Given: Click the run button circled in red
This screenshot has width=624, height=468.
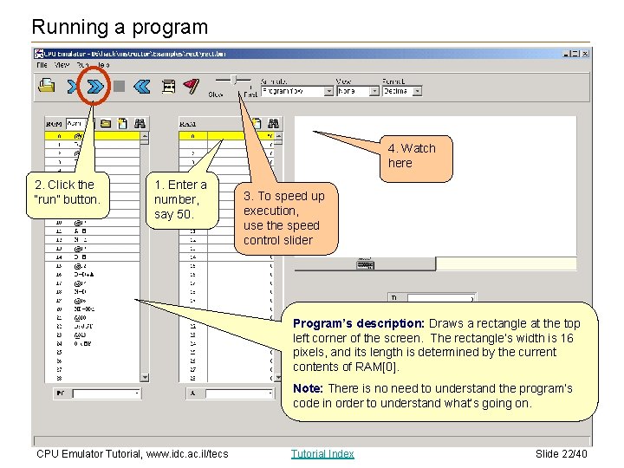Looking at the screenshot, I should click(96, 86).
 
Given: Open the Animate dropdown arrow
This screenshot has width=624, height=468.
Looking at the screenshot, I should click(328, 90).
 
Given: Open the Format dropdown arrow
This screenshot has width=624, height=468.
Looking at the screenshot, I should click(418, 90).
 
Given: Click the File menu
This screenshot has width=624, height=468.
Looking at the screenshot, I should click(42, 65).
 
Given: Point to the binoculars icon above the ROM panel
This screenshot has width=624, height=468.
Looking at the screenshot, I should click(140, 123).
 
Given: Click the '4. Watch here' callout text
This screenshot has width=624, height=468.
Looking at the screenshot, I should click(412, 156).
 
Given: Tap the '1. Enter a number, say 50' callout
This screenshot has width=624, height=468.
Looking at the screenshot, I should click(180, 198).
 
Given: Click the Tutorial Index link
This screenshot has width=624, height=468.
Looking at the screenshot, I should click(322, 454).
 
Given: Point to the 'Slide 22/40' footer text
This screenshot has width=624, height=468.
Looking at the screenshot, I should click(561, 454).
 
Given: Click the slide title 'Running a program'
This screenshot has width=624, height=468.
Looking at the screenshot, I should click(120, 27).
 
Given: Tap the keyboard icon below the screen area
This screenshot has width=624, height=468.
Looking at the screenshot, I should click(365, 263).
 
